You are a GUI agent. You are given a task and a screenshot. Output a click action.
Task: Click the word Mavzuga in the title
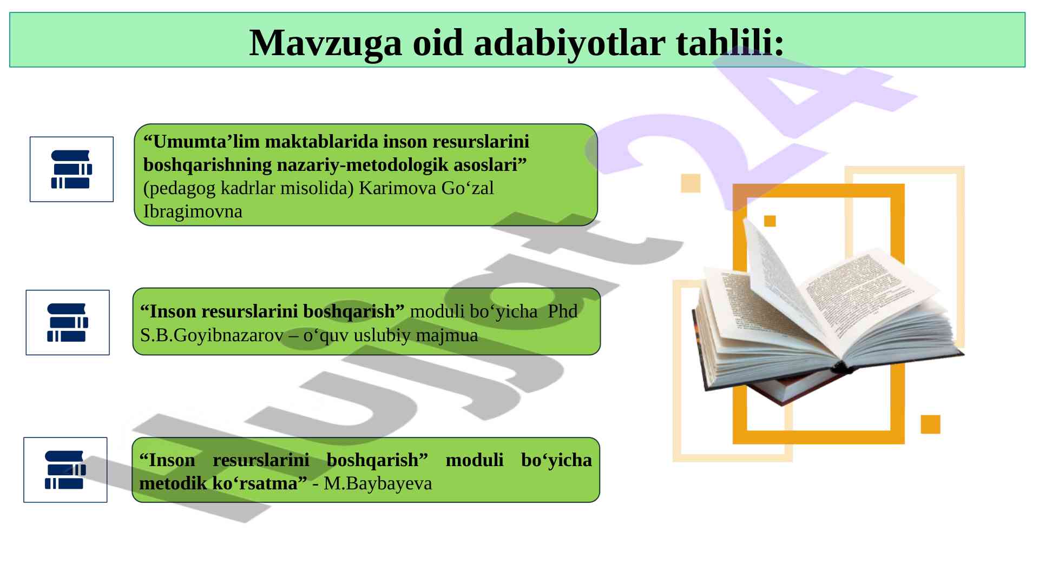tap(325, 43)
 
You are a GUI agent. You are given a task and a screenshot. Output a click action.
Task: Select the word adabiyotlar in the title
tap(569, 43)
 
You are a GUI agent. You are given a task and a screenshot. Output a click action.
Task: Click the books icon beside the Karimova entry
tap(71, 169)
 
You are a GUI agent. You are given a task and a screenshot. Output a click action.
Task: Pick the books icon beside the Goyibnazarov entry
tap(68, 322)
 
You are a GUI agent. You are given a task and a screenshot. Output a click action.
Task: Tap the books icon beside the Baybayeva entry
tap(65, 470)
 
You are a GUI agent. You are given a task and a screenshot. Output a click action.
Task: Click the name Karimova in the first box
tap(397, 188)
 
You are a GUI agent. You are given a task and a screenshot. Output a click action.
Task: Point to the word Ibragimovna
tap(193, 211)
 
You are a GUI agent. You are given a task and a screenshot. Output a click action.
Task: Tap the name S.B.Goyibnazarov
tap(212, 335)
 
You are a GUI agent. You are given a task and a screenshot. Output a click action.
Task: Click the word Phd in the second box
tap(562, 311)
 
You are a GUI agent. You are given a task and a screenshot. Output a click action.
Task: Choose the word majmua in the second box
tap(446, 336)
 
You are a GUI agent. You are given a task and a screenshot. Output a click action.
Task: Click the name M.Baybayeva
tap(378, 483)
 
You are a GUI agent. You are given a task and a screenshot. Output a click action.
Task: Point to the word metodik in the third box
tap(173, 483)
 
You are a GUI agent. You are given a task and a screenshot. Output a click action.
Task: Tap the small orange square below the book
tap(930, 424)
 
